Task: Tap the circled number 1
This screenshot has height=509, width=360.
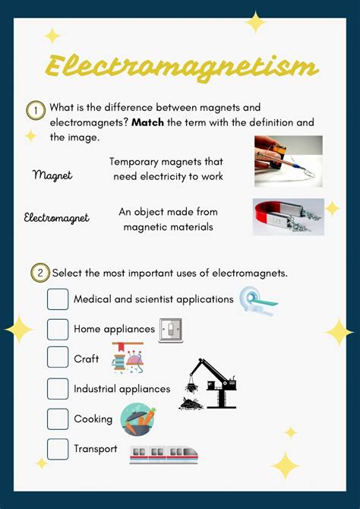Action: point(36,111)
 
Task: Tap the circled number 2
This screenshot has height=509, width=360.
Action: point(39,273)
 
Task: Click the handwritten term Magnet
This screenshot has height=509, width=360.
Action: point(52,175)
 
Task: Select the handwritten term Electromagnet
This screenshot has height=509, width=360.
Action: point(56,218)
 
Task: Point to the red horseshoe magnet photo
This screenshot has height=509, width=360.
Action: point(289,217)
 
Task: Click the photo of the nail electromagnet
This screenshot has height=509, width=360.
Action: point(288,161)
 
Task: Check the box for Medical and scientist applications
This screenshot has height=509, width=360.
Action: point(58,299)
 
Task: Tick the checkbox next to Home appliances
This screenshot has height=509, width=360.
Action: point(58,329)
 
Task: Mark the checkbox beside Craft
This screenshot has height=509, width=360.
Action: point(58,358)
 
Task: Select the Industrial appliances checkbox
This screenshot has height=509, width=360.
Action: point(58,388)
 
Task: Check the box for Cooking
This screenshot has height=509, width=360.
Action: point(58,419)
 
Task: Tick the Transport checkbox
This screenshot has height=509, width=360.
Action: point(58,448)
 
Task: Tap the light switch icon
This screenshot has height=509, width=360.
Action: point(171,330)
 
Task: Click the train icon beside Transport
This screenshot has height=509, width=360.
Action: point(163,454)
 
